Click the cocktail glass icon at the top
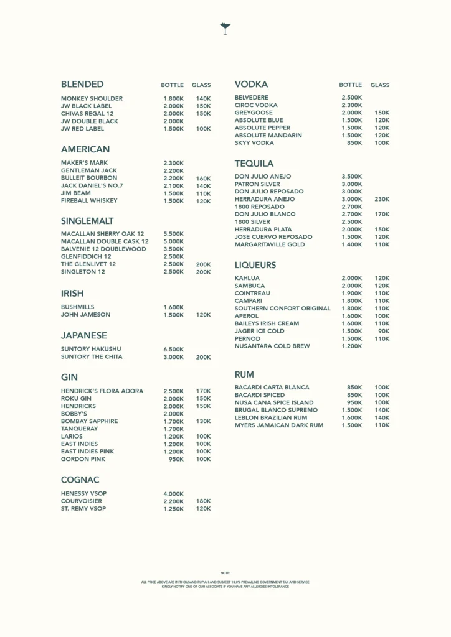(225, 28)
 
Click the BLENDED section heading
(82, 85)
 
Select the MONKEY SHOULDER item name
(92, 98)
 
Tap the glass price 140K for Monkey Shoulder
(203, 98)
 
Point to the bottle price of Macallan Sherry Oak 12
(173, 234)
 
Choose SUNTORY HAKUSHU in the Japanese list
(91, 349)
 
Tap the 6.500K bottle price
(173, 350)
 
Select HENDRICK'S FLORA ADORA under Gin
(102, 391)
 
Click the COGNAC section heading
(80, 480)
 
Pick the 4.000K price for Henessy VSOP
(173, 494)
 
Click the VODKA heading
(251, 84)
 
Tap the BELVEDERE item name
(252, 98)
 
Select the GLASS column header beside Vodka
(380, 85)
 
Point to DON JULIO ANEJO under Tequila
(263, 176)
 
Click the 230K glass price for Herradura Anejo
(382, 199)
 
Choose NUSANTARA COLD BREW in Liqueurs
(272, 346)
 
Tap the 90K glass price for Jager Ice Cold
(384, 331)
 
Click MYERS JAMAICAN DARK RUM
(279, 425)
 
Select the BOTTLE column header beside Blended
(173, 85)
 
